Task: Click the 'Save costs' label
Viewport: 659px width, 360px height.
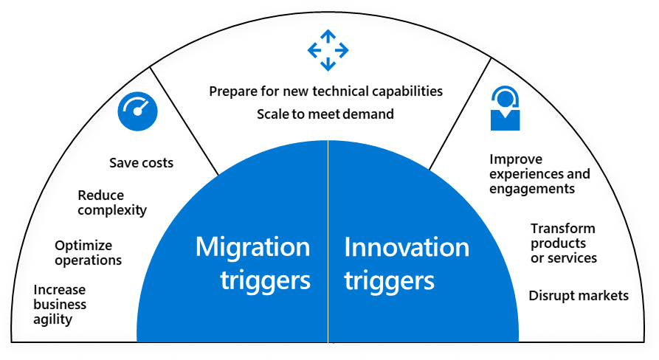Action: pos(141,162)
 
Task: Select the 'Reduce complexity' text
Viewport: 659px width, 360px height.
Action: pos(112,202)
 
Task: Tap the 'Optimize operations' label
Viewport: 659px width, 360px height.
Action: pos(89,253)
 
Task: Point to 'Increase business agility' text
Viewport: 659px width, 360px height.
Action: pos(60,305)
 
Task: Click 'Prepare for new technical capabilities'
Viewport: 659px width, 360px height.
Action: pos(325,91)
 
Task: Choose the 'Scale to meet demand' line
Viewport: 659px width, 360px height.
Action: pos(325,114)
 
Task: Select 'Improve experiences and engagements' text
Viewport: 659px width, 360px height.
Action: pos(539,174)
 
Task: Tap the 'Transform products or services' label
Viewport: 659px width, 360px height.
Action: pos(564,243)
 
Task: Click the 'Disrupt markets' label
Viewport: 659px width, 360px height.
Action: pos(579,295)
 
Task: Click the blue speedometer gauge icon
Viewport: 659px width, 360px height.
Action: pos(137,111)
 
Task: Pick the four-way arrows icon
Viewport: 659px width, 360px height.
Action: pos(328,50)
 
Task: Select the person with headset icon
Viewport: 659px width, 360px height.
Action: pos(506,108)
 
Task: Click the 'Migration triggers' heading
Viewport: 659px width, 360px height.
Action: pos(253,263)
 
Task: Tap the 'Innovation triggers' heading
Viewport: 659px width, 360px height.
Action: pos(407,263)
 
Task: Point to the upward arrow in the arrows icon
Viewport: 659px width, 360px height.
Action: pos(328,37)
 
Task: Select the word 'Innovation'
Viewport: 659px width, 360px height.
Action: pos(407,247)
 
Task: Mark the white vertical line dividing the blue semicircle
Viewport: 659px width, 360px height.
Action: pos(328,241)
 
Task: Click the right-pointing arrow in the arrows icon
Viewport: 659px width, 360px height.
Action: pos(341,50)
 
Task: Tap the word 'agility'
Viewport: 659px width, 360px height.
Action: pos(53,319)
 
